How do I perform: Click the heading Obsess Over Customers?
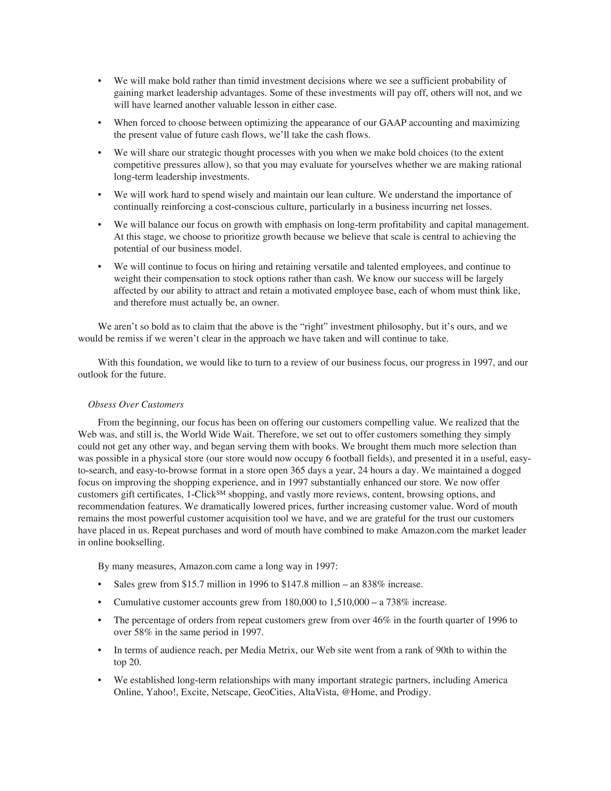pyautogui.click(x=136, y=404)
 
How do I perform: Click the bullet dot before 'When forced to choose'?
pyautogui.click(x=100, y=123)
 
